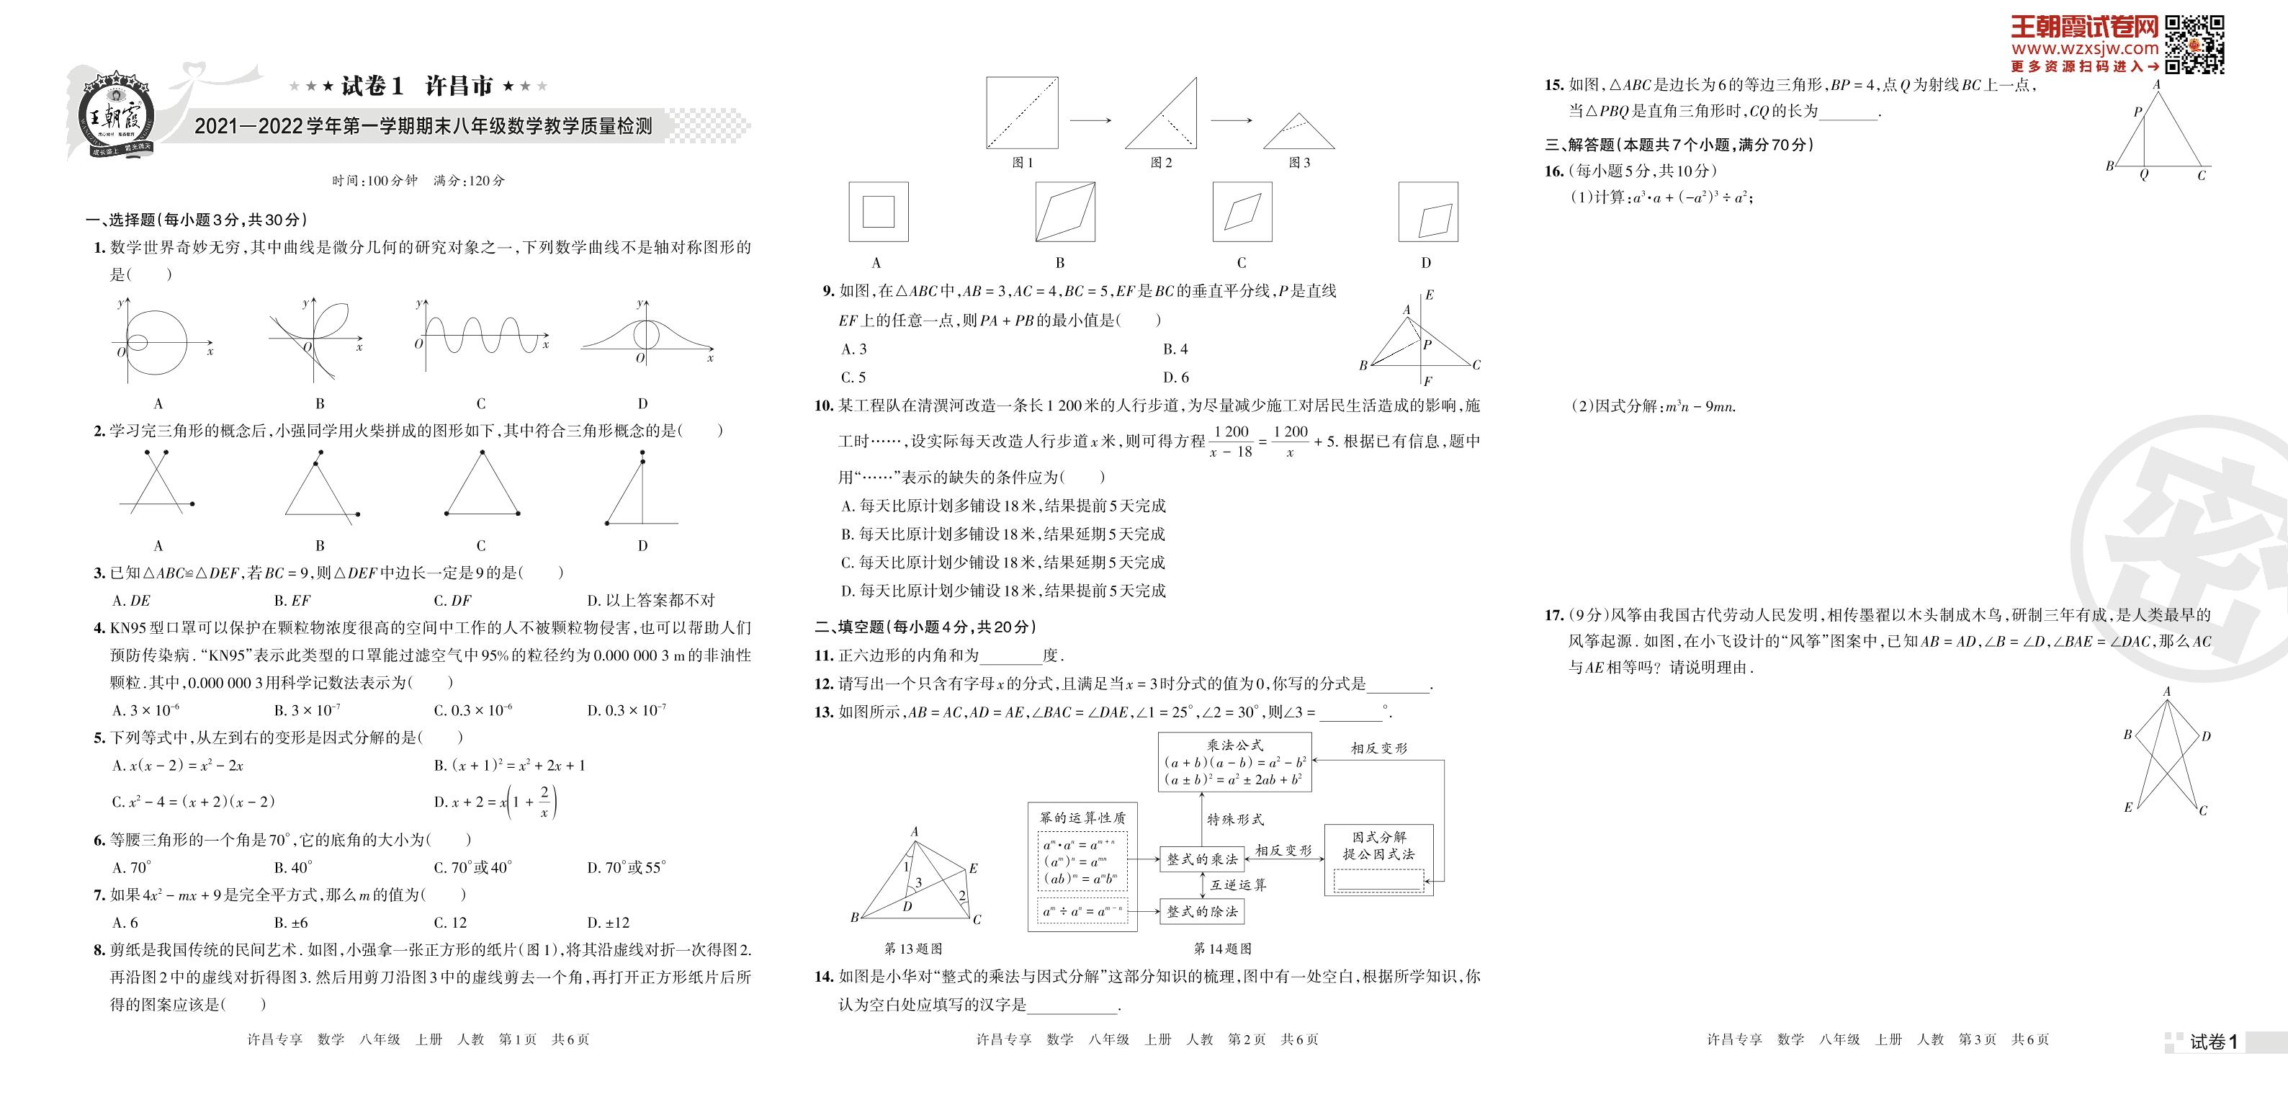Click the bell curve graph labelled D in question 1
[646, 339]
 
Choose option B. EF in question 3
[292, 601]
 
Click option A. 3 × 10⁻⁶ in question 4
[146, 711]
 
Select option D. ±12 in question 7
[609, 922]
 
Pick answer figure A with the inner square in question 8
[878, 212]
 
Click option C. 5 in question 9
[853, 377]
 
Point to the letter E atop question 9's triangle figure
[1429, 295]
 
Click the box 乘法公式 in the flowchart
[1234, 762]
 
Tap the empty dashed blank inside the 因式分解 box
[1378, 880]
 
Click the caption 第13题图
[913, 949]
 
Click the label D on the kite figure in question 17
[2207, 736]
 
